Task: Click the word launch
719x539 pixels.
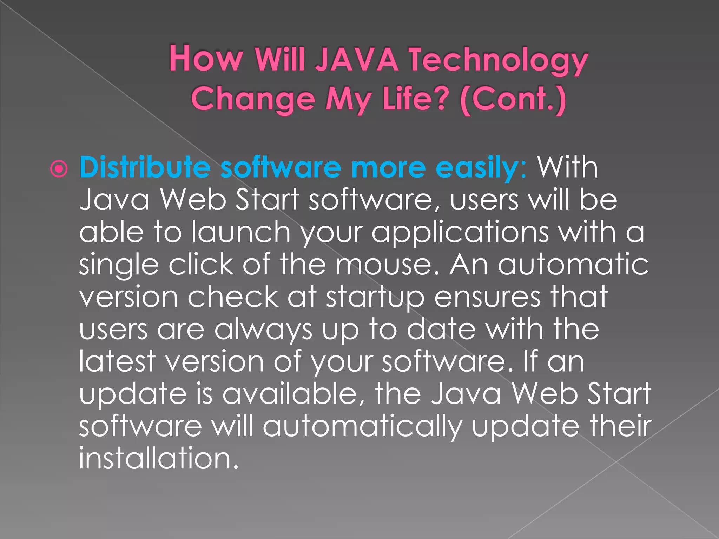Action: tap(241, 232)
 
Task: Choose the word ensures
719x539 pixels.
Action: tap(488, 297)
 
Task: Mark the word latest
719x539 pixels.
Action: tap(117, 361)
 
